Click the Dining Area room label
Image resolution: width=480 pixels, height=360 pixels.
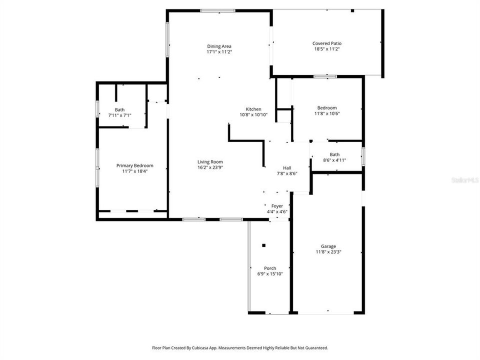pos(219,46)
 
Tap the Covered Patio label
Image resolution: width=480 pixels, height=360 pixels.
pos(327,43)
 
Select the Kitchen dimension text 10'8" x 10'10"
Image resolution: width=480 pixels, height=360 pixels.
pos(253,115)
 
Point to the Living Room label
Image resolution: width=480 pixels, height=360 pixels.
pos(210,161)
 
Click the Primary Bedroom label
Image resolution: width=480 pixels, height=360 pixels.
pos(134,165)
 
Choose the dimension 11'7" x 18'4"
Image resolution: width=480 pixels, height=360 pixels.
pos(134,171)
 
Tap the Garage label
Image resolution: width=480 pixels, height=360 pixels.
pos(328,246)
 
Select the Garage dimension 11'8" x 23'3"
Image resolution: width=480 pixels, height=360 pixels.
pos(328,252)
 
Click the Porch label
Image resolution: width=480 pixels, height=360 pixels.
pos(270,268)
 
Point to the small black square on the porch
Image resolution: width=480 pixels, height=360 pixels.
pos(263,245)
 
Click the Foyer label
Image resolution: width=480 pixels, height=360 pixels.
pos(277,206)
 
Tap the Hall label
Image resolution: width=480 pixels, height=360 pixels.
pos(287,168)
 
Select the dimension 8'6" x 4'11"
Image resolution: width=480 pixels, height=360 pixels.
pos(334,160)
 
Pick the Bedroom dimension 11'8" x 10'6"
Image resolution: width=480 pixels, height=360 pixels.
pos(327,113)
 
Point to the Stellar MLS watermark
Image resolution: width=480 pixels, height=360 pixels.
pos(465,179)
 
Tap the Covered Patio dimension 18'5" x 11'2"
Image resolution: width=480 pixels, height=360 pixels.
pos(327,49)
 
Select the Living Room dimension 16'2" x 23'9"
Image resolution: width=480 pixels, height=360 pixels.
pos(210,167)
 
